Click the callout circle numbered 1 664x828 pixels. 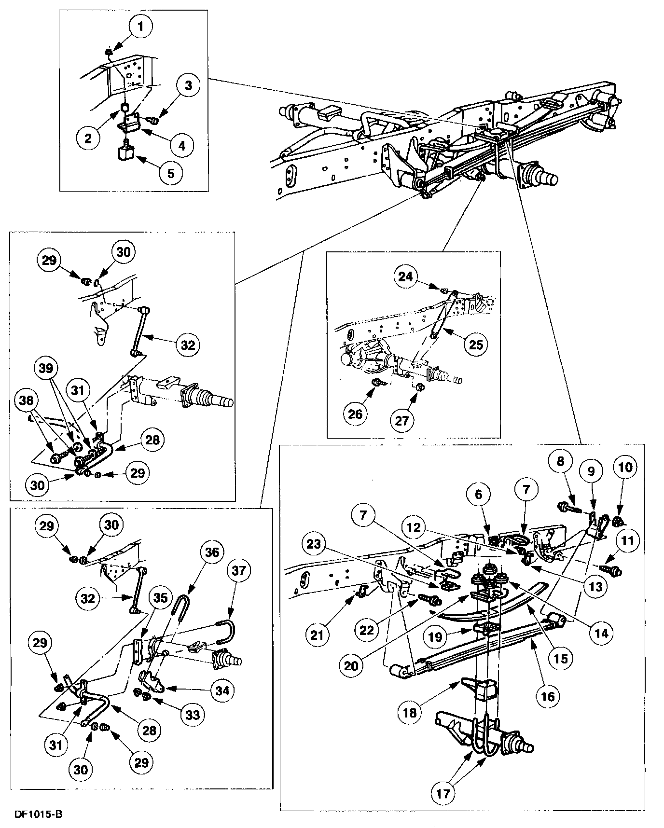click(141, 27)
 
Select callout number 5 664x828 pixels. click(171, 172)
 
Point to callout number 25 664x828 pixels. click(475, 345)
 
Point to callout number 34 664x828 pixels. click(222, 691)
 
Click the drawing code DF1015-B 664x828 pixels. click(38, 814)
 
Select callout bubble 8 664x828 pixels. click(560, 461)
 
